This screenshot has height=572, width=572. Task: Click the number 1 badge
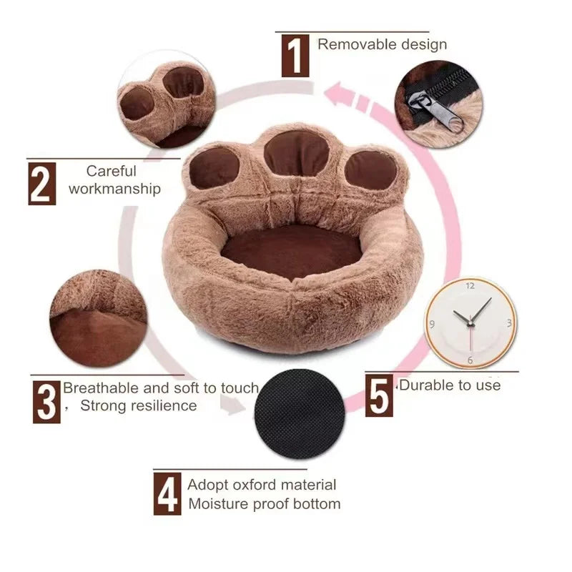pyautogui.click(x=295, y=56)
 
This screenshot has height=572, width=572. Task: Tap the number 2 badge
pyautogui.click(x=41, y=184)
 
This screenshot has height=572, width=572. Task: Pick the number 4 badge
pyautogui.click(x=167, y=493)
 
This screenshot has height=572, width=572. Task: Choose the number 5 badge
pyautogui.click(x=380, y=395)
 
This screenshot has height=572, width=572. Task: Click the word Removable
pyautogui.click(x=350, y=44)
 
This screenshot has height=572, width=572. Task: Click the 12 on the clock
pyautogui.click(x=470, y=285)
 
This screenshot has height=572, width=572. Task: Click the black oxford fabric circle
pyautogui.click(x=299, y=414)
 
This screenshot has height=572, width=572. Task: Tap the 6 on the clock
pyautogui.click(x=470, y=360)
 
